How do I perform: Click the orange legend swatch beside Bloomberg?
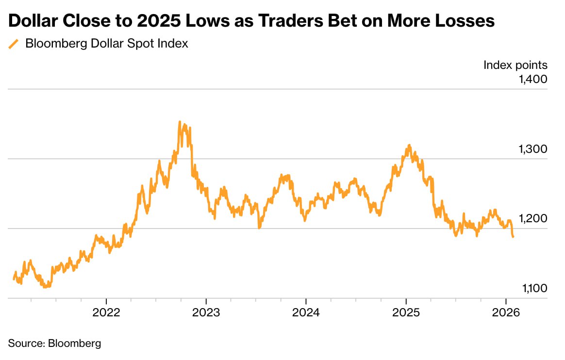(x=14, y=44)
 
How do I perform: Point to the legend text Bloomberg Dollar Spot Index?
(x=106, y=44)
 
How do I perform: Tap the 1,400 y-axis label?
(x=533, y=79)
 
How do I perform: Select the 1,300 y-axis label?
(x=533, y=149)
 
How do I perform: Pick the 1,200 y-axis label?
(x=533, y=219)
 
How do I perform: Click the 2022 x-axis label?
(x=106, y=312)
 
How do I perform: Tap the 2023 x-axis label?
(x=206, y=312)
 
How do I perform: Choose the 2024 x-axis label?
(x=306, y=312)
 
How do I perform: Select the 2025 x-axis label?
(x=406, y=312)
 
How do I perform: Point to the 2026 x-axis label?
(x=506, y=312)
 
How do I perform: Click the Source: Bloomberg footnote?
(x=55, y=344)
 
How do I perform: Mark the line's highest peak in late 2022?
(x=180, y=122)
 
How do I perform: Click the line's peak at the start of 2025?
(x=410, y=145)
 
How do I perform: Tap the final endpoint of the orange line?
(x=514, y=237)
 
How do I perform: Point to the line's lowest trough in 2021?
(x=45, y=287)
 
